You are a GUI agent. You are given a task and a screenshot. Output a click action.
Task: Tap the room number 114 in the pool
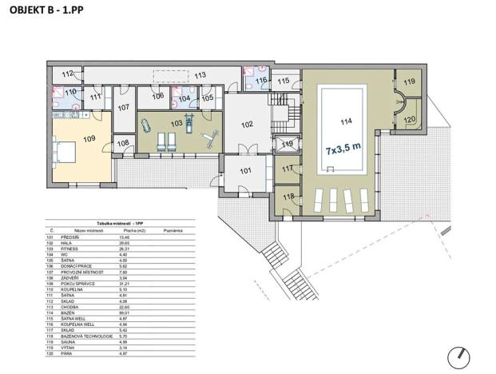point(345,122)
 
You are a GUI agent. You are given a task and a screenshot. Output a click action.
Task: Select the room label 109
point(89,139)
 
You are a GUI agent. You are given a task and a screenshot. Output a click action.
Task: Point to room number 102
point(247,124)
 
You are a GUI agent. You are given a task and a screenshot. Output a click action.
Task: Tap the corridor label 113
point(200,75)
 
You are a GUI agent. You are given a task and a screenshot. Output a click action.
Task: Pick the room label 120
point(409,120)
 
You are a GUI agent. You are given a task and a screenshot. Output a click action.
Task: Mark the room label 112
point(68,74)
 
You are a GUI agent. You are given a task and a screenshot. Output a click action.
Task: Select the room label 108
point(123,144)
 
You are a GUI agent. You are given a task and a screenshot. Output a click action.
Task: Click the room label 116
point(261,80)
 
